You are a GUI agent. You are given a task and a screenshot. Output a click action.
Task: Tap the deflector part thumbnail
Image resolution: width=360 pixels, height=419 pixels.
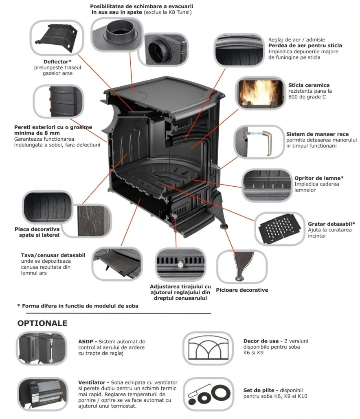tap(57, 39)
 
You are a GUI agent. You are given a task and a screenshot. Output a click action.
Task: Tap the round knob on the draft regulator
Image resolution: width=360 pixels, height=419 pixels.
tap(179, 264)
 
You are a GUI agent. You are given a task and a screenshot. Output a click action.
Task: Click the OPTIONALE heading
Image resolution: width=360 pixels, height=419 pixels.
tap(42, 324)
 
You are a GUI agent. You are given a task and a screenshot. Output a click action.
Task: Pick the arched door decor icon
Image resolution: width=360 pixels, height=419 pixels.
tap(208, 348)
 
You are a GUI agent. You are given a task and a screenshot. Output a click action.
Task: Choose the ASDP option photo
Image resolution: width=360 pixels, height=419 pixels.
tap(42, 348)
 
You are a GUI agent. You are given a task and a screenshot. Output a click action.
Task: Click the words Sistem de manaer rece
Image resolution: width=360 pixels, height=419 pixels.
tap(317, 134)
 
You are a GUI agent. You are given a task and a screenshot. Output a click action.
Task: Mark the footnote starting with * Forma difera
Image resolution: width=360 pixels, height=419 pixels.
tap(78, 306)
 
